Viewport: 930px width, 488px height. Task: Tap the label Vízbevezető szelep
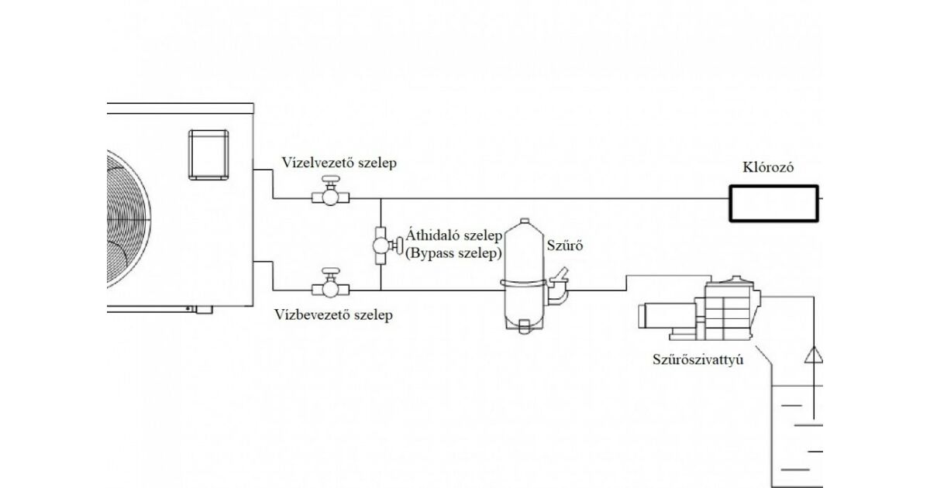[334, 315]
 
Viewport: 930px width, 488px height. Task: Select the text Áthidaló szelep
[453, 236]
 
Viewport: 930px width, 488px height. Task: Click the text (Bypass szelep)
[453, 253]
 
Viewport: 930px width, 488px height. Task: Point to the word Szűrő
[564, 246]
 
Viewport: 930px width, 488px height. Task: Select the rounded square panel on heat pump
[208, 156]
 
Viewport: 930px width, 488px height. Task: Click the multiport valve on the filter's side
[560, 288]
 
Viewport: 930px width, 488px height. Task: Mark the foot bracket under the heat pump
[203, 310]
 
